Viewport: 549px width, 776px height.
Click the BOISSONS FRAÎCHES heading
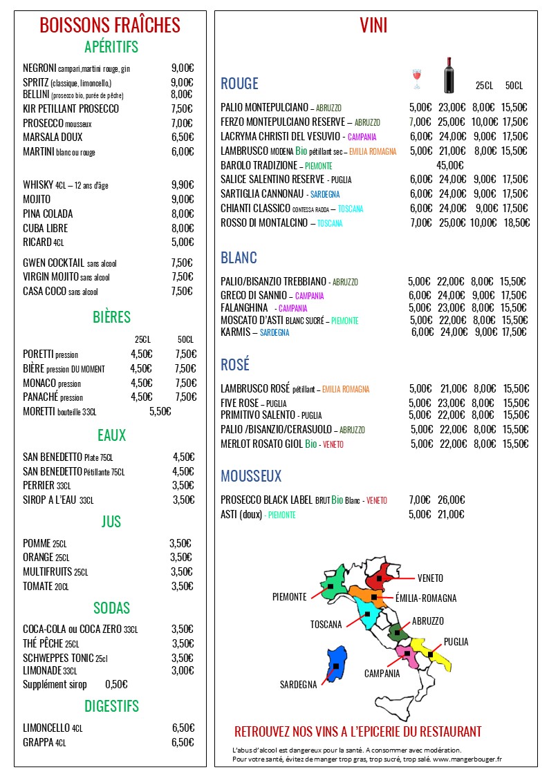(110, 26)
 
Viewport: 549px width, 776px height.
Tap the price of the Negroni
(182, 68)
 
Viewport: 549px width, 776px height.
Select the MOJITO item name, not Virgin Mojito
(37, 199)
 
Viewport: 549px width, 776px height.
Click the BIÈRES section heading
(111, 317)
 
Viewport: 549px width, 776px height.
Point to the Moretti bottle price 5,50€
(160, 412)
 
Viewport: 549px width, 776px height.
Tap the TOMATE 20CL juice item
(46, 587)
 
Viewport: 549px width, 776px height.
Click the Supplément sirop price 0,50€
(116, 685)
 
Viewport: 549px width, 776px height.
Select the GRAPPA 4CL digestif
(44, 743)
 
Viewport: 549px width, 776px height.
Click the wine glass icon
(416, 79)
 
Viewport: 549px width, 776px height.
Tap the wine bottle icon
(448, 75)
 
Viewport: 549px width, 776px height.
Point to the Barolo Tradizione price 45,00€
(449, 166)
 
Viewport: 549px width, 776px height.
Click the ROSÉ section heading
(235, 365)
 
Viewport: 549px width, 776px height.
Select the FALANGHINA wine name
(244, 308)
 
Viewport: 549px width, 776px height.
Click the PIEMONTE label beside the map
(290, 597)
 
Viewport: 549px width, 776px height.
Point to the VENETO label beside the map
(430, 578)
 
